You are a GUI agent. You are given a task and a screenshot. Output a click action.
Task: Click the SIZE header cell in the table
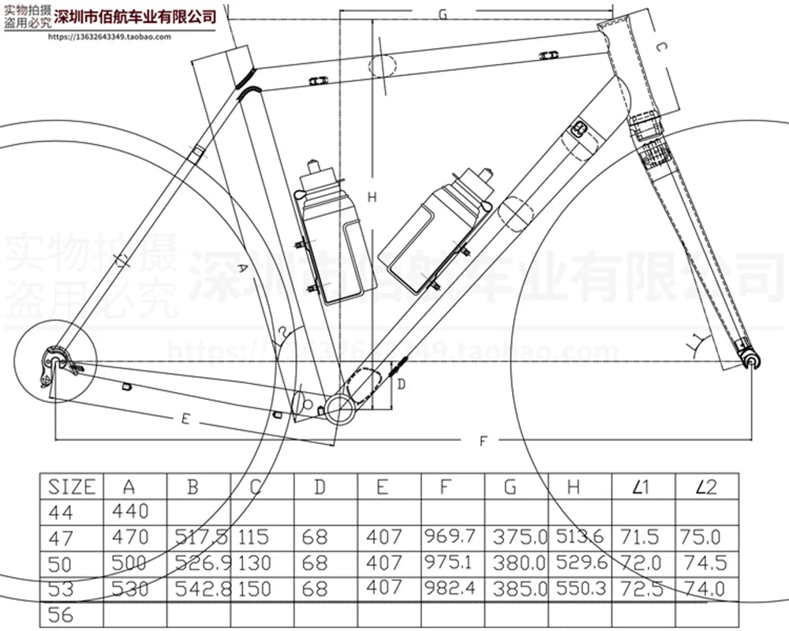(72, 486)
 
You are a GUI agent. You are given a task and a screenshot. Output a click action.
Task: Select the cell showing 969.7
(450, 537)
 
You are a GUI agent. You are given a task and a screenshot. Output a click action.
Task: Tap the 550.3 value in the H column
(580, 588)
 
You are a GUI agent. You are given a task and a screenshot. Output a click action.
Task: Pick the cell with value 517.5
(199, 538)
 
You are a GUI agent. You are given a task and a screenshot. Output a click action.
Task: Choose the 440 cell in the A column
(130, 512)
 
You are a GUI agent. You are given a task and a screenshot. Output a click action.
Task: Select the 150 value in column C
(253, 588)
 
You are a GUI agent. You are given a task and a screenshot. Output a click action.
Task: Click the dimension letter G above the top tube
(442, 14)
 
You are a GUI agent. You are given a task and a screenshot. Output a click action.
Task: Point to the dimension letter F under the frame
(483, 442)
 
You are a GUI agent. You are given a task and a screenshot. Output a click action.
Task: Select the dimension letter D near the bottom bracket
(401, 384)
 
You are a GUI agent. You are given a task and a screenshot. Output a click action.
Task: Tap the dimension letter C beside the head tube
(661, 49)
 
